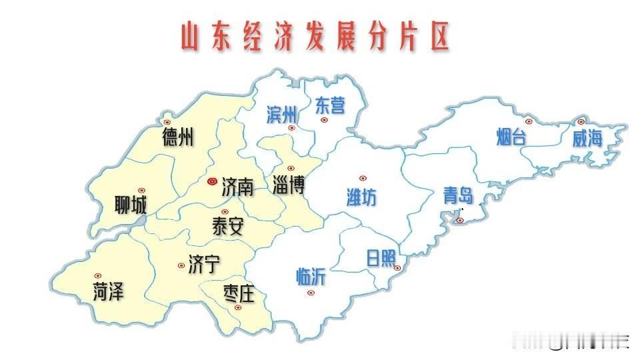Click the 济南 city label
pyautogui.click(x=237, y=186)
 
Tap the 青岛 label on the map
pyautogui.click(x=458, y=195)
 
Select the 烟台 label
pyautogui.click(x=512, y=138)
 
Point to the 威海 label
pyautogui.click(x=587, y=138)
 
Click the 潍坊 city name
pyautogui.click(x=361, y=197)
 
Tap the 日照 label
pyautogui.click(x=381, y=258)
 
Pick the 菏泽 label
pyautogui.click(x=108, y=291)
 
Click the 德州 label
pyautogui.click(x=178, y=138)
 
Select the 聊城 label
pyautogui.click(x=131, y=205)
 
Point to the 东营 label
pyautogui.click(x=330, y=105)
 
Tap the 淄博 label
pyautogui.click(x=289, y=185)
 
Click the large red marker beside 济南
pyautogui.click(x=212, y=181)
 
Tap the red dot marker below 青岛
pyautogui.click(x=459, y=220)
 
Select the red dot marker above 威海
pyautogui.click(x=581, y=122)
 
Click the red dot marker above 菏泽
pyautogui.click(x=98, y=275)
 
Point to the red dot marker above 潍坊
pyautogui.click(x=363, y=178)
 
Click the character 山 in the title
pyautogui.click(x=191, y=39)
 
